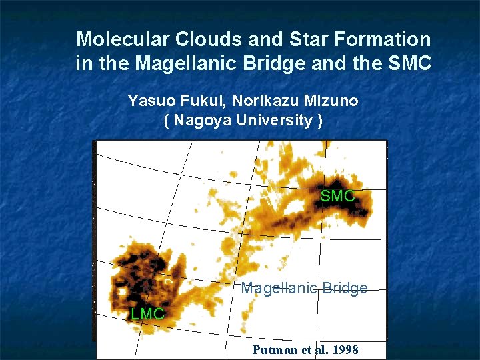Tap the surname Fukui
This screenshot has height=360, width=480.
pyautogui.click(x=201, y=101)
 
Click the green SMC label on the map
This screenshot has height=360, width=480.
pyautogui.click(x=337, y=196)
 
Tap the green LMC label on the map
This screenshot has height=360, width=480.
pyautogui.click(x=147, y=313)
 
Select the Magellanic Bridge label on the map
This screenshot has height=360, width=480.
pyautogui.click(x=304, y=289)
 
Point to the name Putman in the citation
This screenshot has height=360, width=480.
pyautogui.click(x=275, y=351)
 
